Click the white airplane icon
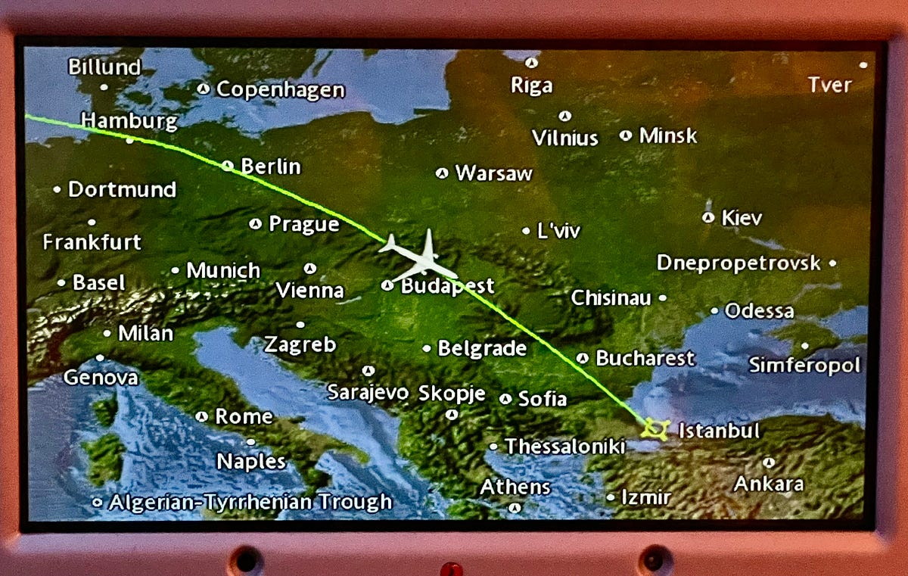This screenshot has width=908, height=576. click(420, 257)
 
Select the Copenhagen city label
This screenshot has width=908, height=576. click(280, 90)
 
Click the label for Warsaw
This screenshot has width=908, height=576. click(493, 173)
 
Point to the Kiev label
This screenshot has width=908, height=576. click(742, 218)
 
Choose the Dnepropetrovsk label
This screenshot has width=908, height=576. click(738, 263)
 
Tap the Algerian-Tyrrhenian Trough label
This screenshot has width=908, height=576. click(250, 502)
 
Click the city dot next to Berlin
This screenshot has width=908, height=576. click(228, 166)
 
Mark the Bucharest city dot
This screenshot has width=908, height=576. click(582, 358)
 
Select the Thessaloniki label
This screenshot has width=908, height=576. click(564, 447)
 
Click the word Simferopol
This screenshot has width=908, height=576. click(804, 366)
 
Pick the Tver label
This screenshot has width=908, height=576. click(829, 85)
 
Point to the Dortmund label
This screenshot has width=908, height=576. click(122, 189)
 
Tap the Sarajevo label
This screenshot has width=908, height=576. click(368, 393)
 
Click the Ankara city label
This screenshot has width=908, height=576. click(768, 484)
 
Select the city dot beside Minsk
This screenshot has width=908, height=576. click(626, 135)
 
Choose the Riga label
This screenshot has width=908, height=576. click(531, 86)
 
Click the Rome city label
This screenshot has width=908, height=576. click(244, 416)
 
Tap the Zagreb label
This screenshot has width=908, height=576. click(300, 345)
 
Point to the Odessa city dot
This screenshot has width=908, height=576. click(714, 310)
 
